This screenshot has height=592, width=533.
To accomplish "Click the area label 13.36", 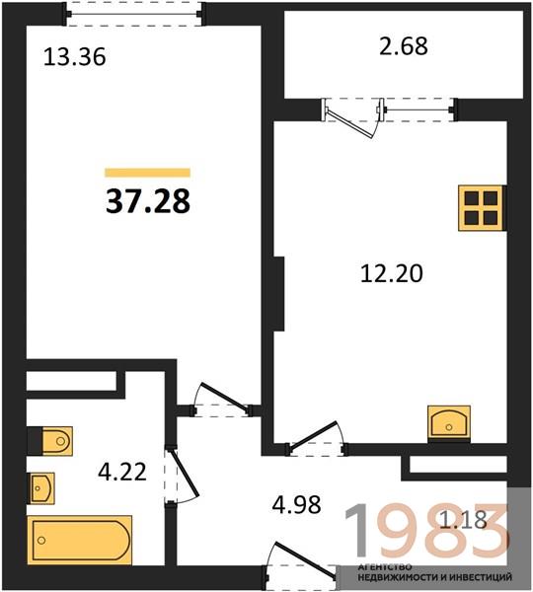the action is (74, 57).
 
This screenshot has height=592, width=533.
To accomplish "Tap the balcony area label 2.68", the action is (404, 46).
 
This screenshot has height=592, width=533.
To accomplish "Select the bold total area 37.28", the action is (148, 201).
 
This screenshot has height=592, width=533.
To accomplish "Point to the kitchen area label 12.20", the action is (392, 273).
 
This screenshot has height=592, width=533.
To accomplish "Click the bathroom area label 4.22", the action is (122, 472).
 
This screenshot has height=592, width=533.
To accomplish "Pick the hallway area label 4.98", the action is (296, 504).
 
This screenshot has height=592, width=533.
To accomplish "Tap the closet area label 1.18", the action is (464, 520).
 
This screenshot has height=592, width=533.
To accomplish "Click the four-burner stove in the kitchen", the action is (481, 208).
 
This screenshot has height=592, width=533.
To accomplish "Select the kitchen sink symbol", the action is (449, 423).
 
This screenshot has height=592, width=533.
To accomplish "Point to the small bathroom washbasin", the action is (40, 488).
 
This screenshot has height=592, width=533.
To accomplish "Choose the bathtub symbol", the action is (79, 540).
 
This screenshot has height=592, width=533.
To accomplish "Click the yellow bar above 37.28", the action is (147, 173).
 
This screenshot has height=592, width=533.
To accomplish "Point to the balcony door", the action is (352, 117).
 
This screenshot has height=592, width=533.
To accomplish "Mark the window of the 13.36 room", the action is (134, 15).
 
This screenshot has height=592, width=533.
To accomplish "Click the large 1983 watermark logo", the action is (425, 532).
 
